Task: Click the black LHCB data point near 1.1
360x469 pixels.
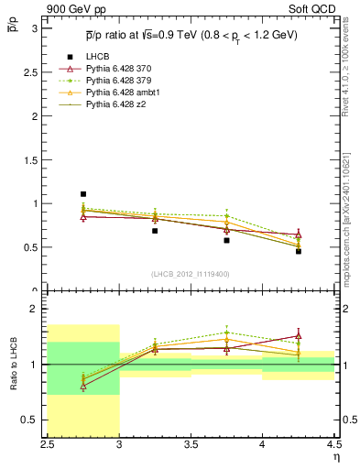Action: (x=83, y=194)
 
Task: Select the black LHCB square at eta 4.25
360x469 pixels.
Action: (x=298, y=251)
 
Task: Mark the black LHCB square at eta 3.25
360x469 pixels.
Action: (x=155, y=231)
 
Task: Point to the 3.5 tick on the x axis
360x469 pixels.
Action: (x=191, y=445)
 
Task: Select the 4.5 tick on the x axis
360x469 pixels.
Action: (x=333, y=445)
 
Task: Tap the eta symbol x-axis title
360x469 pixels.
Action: (x=335, y=457)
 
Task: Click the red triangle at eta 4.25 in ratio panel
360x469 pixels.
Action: (x=298, y=335)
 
